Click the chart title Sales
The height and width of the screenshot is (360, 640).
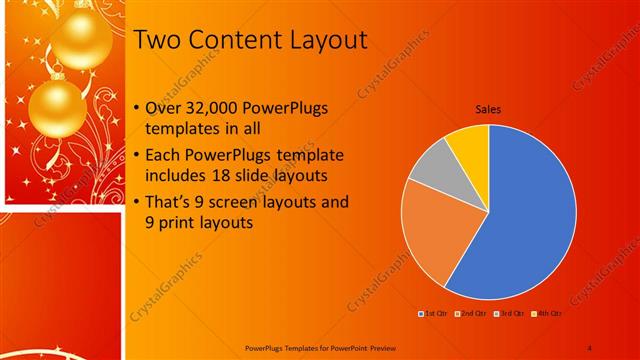pyautogui.click(x=488, y=110)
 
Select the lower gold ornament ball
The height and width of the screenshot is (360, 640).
pyautogui.click(x=57, y=108)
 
